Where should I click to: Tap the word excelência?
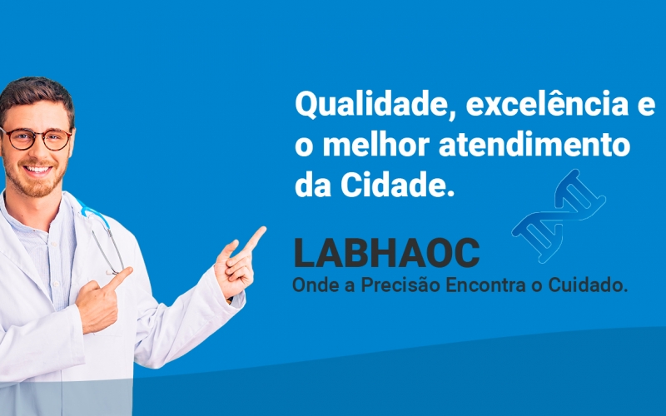pyautogui.click(x=547, y=104)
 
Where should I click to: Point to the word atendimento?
pyautogui.click(x=534, y=145)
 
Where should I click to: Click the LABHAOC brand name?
pyautogui.click(x=386, y=253)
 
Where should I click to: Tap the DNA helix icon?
pyautogui.click(x=559, y=215)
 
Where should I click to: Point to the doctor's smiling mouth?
pyautogui.click(x=37, y=170)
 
